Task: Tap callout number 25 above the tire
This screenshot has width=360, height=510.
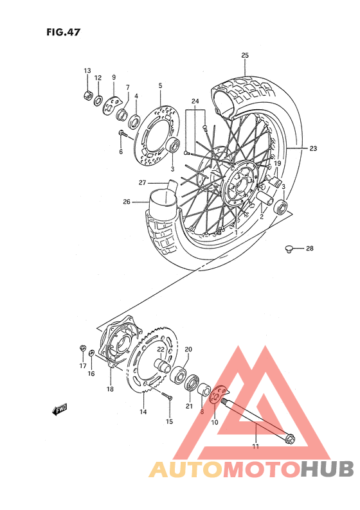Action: click(x=245, y=56)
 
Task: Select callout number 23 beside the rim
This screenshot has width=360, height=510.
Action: click(x=313, y=148)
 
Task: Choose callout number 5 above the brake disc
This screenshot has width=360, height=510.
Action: click(x=160, y=85)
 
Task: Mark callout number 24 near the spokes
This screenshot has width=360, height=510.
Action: click(x=195, y=101)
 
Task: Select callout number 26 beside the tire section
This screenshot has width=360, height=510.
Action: click(x=127, y=202)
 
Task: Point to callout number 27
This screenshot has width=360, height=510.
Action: click(x=143, y=182)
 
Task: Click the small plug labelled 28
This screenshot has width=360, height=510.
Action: click(x=289, y=247)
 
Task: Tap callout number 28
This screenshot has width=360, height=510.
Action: click(x=309, y=248)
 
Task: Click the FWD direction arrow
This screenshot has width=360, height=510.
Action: click(x=60, y=409)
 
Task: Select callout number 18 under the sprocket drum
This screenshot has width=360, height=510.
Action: click(x=110, y=389)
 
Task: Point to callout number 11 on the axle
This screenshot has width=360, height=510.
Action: click(x=255, y=446)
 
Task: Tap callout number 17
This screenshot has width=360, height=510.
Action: click(x=83, y=365)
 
